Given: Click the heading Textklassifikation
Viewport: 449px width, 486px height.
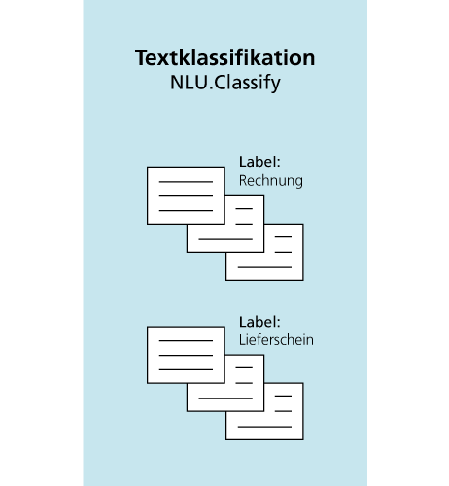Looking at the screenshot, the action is click(x=224, y=57).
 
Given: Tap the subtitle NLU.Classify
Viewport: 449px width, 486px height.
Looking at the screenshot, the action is click(x=225, y=83).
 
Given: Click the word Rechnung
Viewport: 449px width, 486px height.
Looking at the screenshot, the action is click(x=271, y=181).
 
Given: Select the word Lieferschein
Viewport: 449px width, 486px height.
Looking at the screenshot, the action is click(x=276, y=340).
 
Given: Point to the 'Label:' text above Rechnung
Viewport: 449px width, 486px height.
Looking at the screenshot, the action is click(x=259, y=162).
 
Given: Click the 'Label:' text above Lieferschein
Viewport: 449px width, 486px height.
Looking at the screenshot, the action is click(x=259, y=322).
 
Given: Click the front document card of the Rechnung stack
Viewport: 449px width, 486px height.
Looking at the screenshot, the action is click(x=186, y=195).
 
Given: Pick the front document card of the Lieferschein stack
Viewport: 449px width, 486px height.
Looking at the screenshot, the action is click(x=186, y=355).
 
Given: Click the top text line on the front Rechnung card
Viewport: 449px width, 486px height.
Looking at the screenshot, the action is click(x=186, y=182).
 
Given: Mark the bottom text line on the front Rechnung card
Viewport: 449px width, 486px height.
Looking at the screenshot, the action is click(x=186, y=211).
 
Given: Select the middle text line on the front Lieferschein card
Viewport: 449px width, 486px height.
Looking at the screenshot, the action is click(x=186, y=356).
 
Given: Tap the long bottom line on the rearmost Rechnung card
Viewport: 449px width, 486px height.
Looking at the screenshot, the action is click(x=264, y=267).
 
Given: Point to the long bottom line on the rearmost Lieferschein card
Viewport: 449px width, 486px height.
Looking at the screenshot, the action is click(x=264, y=427).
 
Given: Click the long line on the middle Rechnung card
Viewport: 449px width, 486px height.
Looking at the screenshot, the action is click(x=225, y=239).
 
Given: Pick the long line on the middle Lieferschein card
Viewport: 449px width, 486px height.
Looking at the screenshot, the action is click(x=225, y=399).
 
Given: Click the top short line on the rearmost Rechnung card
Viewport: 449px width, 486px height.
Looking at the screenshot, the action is click(x=283, y=237).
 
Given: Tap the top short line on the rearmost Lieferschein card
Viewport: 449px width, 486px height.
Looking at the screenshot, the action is click(x=283, y=396).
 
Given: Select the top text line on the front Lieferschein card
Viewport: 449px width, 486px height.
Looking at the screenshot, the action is click(x=186, y=341).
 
